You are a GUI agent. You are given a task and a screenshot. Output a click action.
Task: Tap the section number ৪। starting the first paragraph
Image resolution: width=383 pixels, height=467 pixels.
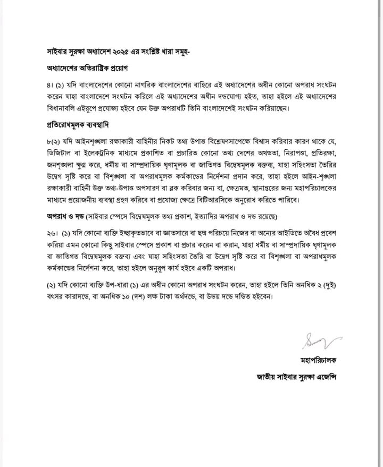[49, 86]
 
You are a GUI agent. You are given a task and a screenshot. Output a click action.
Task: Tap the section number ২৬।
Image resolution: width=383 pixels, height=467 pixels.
[52, 233]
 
